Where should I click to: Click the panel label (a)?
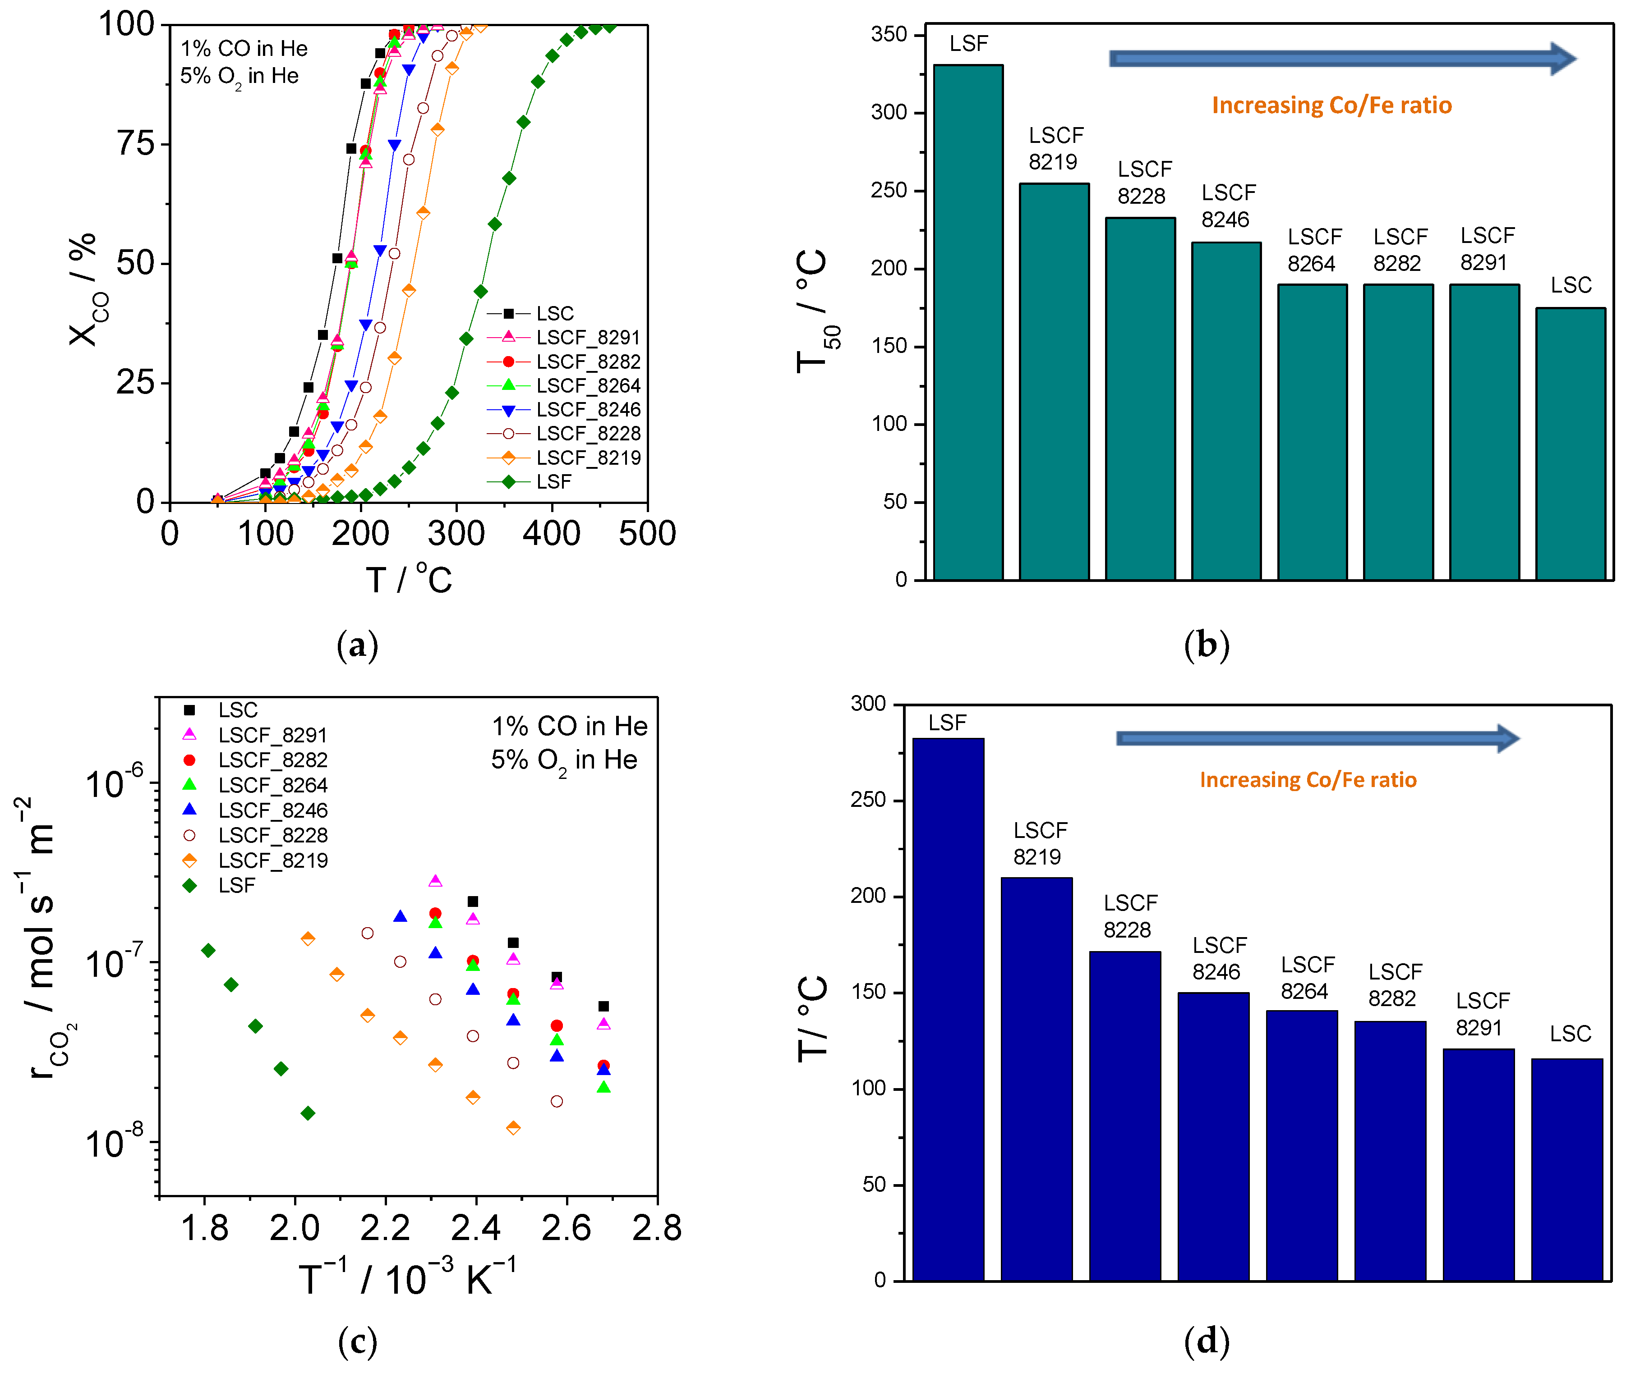(357, 645)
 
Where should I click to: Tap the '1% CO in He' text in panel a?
(244, 48)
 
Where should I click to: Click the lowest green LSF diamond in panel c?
(308, 1113)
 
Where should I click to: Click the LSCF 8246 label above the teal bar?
(1227, 206)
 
